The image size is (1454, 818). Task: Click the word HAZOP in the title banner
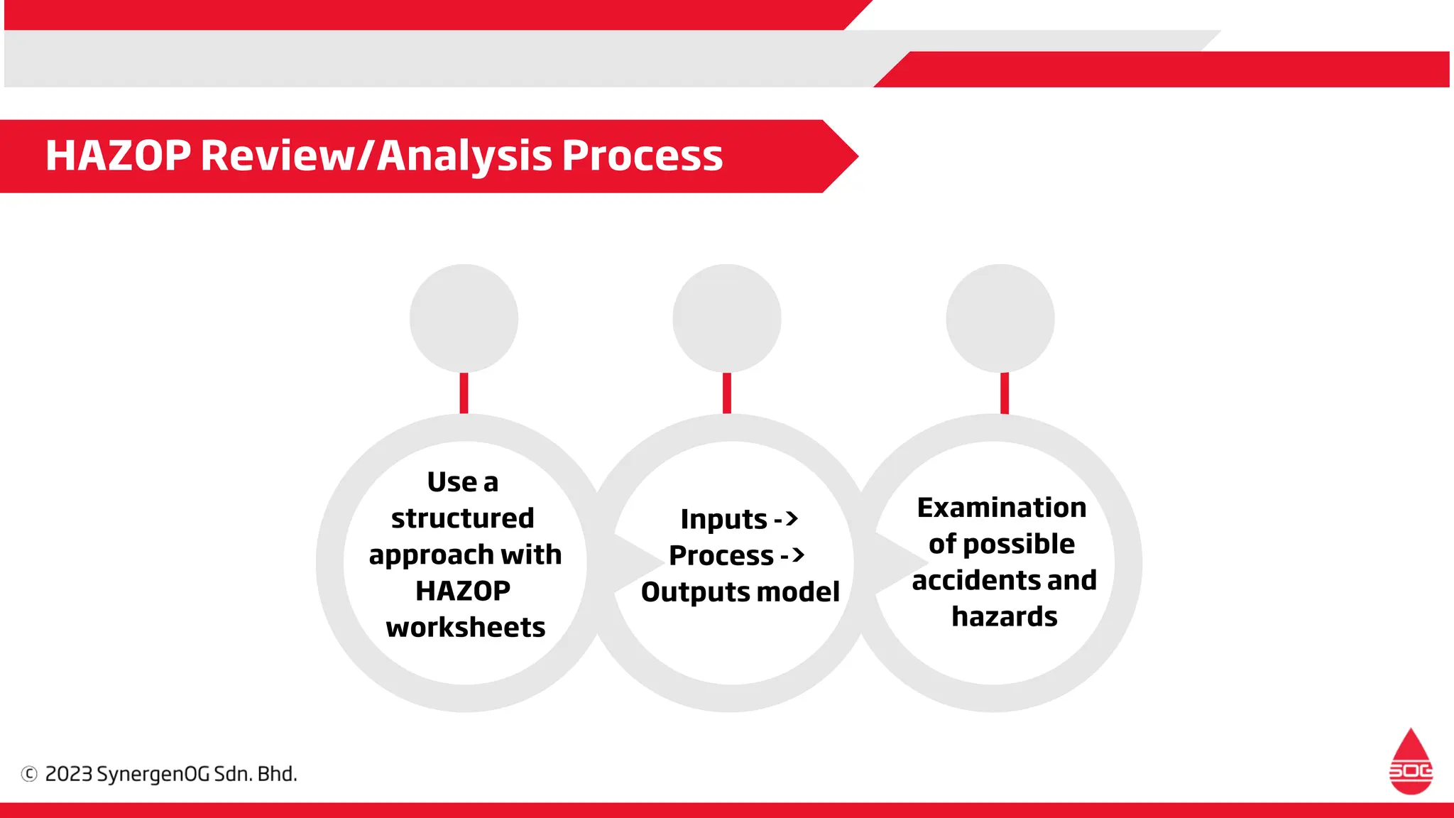[x=118, y=156]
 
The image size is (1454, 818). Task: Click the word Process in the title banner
[x=642, y=156]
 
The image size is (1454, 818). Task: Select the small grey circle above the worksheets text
[x=464, y=318]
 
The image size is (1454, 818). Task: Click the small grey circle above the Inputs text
[x=726, y=318]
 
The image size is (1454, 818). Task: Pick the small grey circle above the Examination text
[x=1000, y=318]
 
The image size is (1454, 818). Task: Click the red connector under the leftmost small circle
[x=464, y=393]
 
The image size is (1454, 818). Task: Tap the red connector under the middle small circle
[x=726, y=393]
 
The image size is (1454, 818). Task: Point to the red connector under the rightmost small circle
[x=1004, y=393]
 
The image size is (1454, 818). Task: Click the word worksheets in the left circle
[x=465, y=628]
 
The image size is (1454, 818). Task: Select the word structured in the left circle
[x=462, y=518]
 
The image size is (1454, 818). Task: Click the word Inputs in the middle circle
[x=723, y=520]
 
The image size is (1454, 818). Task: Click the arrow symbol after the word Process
[x=793, y=555]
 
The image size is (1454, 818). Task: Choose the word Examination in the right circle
[x=1001, y=508]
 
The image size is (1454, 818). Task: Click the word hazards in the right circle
[x=1004, y=617]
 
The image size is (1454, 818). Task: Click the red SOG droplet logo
[x=1410, y=762]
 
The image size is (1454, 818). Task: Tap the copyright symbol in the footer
[x=29, y=774]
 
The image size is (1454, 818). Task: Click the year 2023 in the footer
[x=68, y=774]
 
